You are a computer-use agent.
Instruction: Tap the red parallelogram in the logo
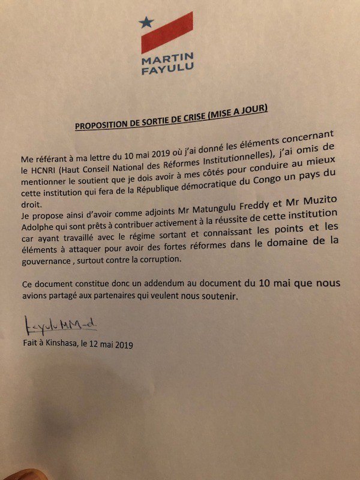coord(167,33)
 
